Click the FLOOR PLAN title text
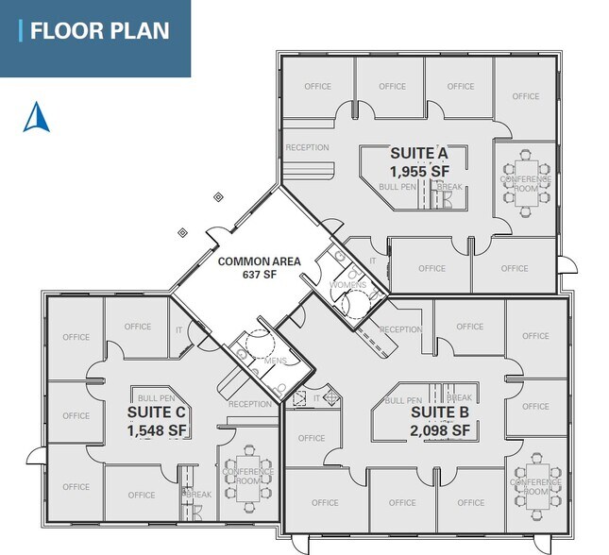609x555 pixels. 99,30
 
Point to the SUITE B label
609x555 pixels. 440,412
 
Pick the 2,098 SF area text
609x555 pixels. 441,430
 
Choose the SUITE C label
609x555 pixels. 157,412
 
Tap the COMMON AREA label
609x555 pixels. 260,261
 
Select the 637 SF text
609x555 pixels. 260,277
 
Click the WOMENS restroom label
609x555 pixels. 347,285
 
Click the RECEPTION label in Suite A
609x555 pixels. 307,147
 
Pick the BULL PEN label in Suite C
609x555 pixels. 155,398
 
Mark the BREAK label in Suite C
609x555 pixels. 198,494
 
